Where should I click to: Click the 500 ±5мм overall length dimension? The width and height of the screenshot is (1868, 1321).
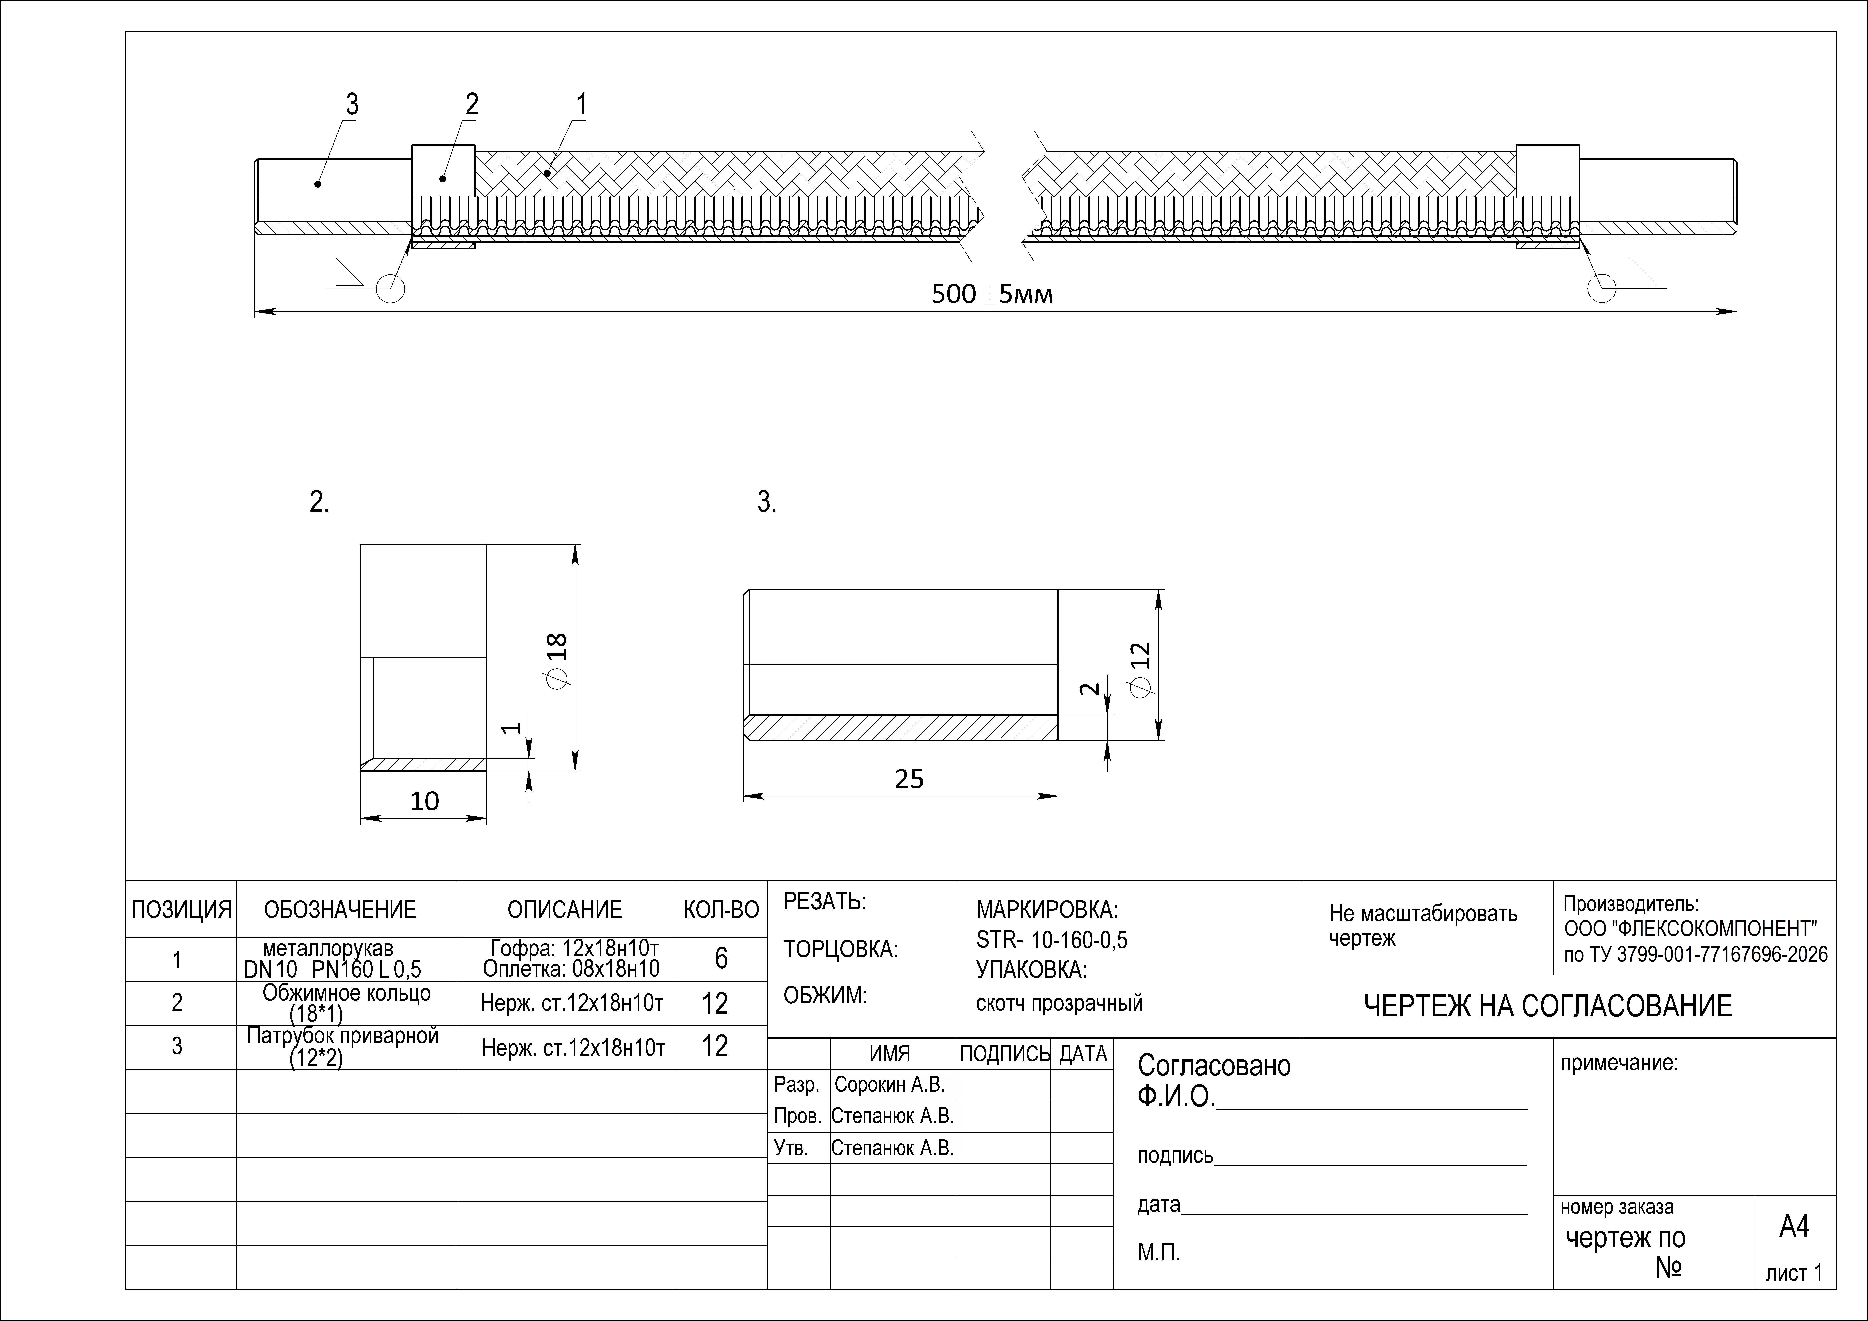(992, 294)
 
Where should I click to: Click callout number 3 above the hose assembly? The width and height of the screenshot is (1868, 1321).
(351, 105)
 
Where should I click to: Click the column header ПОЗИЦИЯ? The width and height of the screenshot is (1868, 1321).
(182, 909)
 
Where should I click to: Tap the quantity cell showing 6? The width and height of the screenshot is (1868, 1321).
(721, 959)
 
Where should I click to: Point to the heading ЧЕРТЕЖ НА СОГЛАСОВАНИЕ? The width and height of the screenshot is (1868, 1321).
(1547, 1007)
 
